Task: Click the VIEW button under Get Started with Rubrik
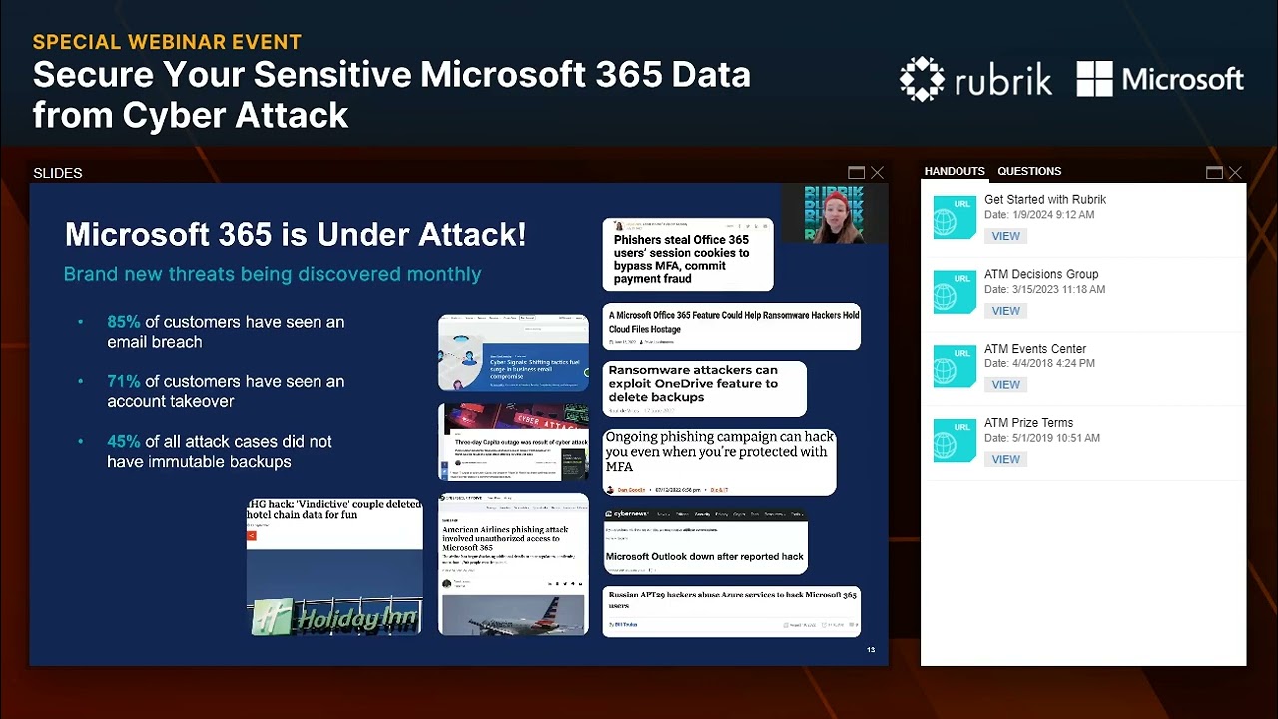tap(1005, 236)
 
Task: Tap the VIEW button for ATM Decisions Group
tap(1005, 311)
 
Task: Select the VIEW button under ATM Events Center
tap(1005, 385)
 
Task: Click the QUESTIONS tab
tap(1029, 171)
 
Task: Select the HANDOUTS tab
tap(955, 171)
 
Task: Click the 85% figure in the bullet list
tap(124, 322)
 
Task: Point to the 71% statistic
tap(124, 381)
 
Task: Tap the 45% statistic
tap(124, 441)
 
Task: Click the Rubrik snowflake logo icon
tap(921, 79)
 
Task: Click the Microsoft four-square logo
tap(1094, 79)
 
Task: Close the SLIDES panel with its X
tap(877, 173)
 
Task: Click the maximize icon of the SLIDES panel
tap(856, 173)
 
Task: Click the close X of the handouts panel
tap(1235, 173)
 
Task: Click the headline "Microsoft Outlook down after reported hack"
tap(704, 557)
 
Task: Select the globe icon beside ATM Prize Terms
tap(955, 440)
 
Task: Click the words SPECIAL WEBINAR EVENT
tap(167, 42)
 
